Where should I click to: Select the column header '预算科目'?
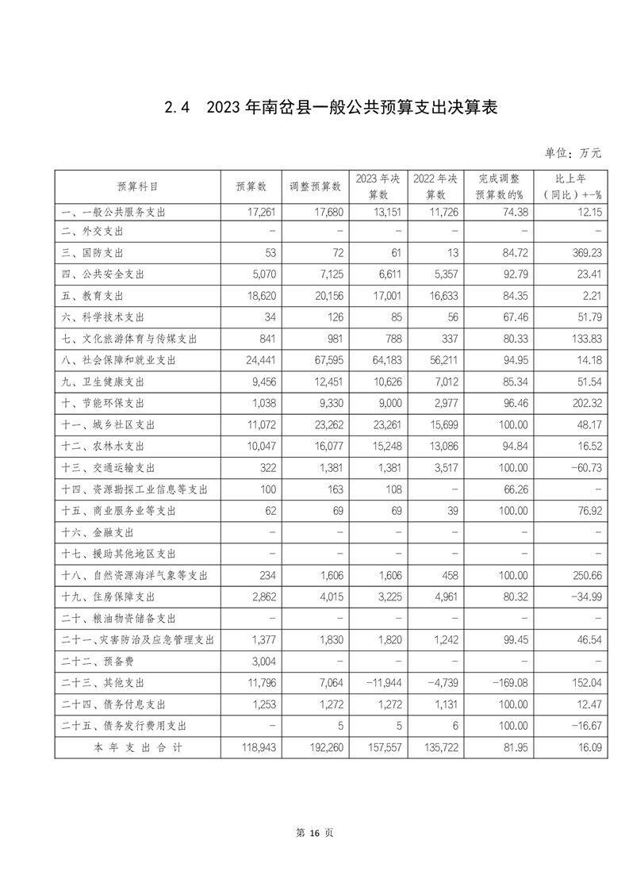click(136, 186)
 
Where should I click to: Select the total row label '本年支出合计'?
click(136, 746)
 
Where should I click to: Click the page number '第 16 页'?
click(314, 833)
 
